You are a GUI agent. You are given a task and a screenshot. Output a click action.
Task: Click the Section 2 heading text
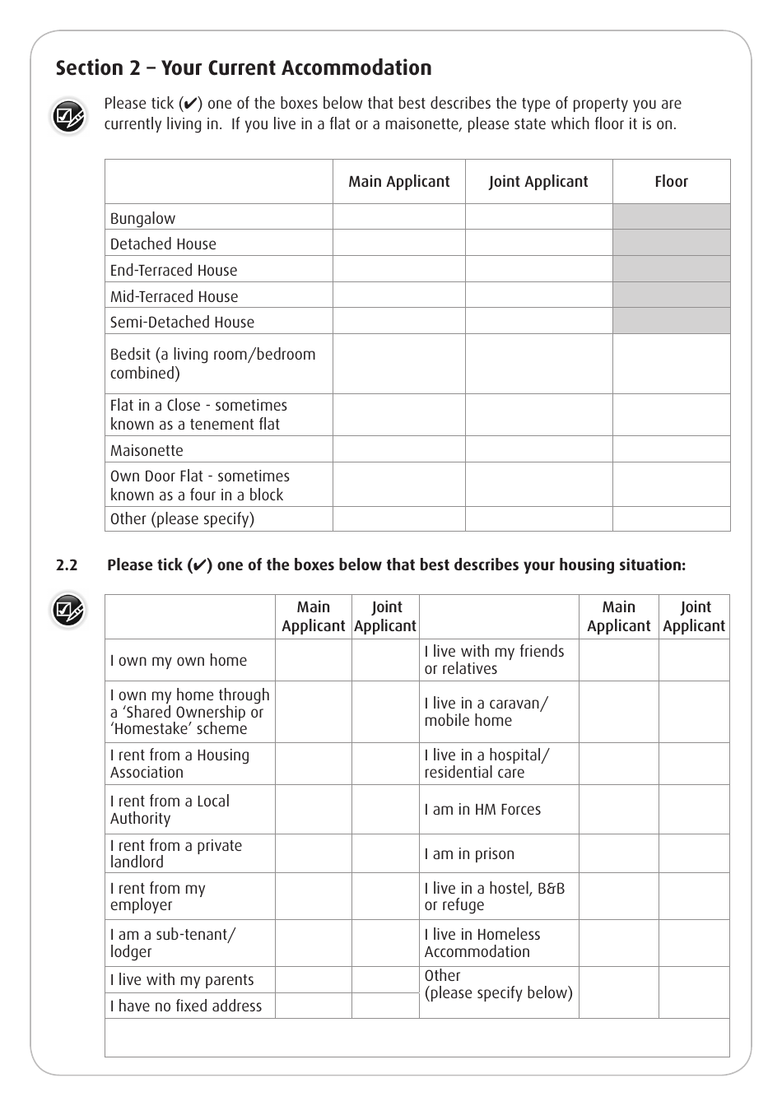pos(244,68)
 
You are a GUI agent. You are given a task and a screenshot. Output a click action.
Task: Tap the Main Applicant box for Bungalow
pos(399,217)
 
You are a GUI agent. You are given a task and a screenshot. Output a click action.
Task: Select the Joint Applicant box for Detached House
pos(539,243)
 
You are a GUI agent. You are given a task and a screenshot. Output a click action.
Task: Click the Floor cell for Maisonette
pos(671,449)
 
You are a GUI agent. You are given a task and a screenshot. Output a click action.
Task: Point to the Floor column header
pos(671,182)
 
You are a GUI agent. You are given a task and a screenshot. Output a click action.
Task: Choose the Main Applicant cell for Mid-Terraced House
pos(399,295)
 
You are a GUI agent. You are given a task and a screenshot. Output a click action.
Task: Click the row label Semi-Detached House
pos(182,322)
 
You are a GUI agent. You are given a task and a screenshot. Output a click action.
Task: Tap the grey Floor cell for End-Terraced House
pos(671,269)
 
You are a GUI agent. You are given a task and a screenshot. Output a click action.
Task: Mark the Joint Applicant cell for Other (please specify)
pos(539,518)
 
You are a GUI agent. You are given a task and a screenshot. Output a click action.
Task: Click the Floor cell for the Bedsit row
pos(671,364)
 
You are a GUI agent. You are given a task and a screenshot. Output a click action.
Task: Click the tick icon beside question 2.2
pos(67,611)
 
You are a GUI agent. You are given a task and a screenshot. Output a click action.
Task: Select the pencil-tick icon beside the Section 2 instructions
pos(67,117)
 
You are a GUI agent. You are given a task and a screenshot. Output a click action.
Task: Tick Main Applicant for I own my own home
pos(314,660)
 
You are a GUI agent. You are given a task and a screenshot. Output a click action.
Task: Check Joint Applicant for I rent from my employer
pos(385,896)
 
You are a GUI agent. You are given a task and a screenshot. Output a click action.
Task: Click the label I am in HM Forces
pos(482,810)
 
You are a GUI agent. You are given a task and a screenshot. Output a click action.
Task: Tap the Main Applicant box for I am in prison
pos(618,853)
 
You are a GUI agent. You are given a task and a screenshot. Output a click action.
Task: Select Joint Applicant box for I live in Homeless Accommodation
pos(694,943)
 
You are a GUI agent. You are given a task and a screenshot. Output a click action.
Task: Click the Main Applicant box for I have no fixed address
pos(314,1006)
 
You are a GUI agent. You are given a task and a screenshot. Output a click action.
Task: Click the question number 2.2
pos(67,565)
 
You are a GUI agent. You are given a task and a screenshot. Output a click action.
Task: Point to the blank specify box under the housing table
pos(417,1038)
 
